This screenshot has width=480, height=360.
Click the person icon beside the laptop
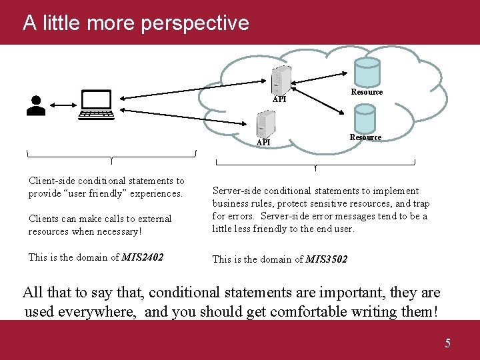coord(36,106)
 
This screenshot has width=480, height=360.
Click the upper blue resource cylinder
coord(367,71)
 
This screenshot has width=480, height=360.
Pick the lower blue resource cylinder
coord(365,119)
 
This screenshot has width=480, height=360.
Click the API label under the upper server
coord(280,99)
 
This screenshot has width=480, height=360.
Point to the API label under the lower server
coord(263,142)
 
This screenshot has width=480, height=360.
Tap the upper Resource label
coord(367,92)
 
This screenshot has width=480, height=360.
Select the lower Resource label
coord(365,137)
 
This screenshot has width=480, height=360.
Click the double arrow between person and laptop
coord(61,105)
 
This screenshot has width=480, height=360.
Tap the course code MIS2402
coord(143,257)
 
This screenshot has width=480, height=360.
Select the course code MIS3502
coord(327,259)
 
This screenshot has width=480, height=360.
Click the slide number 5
coord(447,343)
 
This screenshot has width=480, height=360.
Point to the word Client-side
coord(52,181)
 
